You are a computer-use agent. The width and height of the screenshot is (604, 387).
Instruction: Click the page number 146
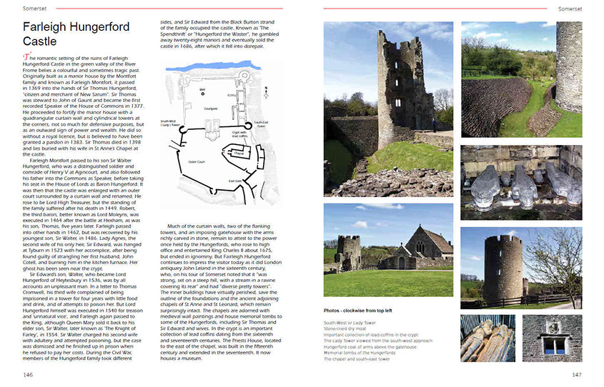point(28,374)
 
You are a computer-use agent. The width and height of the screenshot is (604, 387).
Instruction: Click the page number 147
point(576,374)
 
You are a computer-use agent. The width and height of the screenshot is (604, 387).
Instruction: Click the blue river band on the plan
point(214,67)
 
